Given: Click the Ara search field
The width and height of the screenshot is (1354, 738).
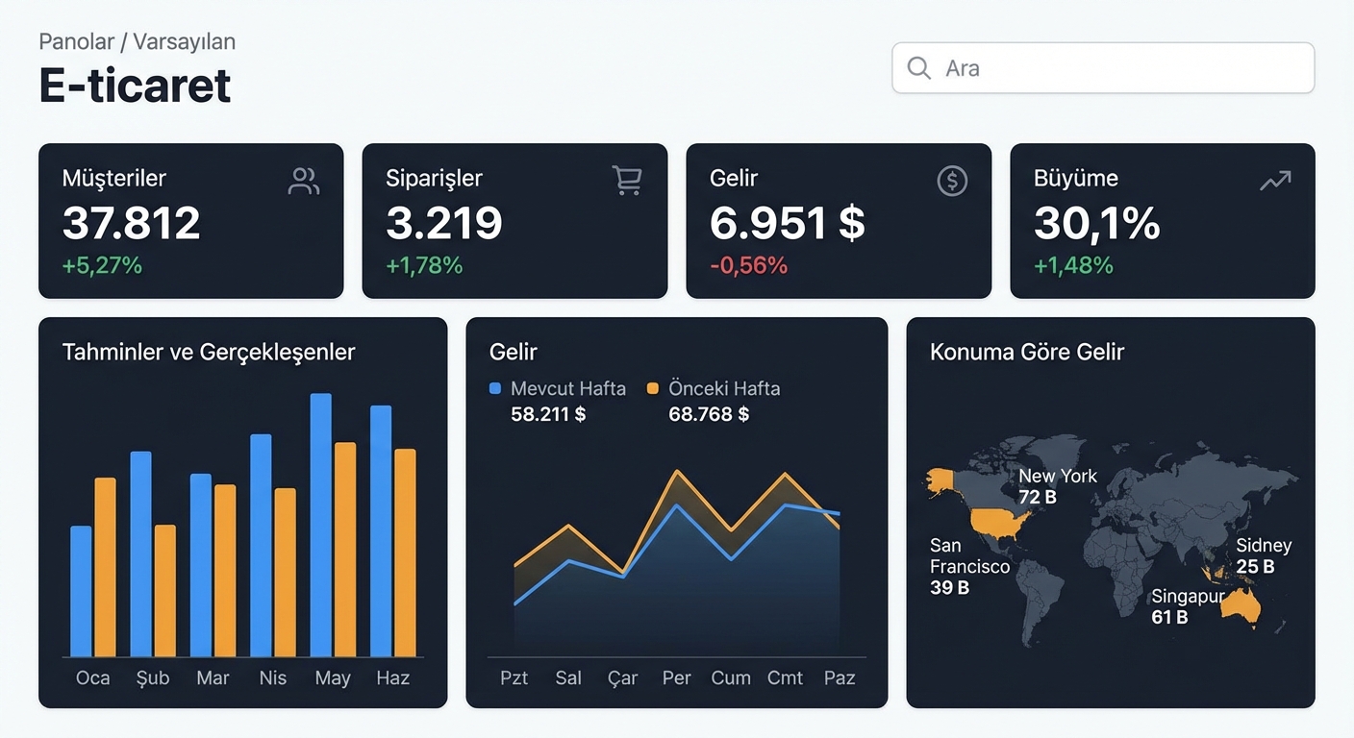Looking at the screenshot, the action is point(1103,67).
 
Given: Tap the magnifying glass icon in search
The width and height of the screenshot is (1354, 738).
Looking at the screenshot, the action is point(918,67).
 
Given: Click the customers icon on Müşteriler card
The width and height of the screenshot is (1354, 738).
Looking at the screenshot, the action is point(304,182).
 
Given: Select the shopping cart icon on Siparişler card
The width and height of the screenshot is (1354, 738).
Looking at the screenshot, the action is point(627,180).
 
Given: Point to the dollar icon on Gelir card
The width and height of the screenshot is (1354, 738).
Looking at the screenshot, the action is point(952,181).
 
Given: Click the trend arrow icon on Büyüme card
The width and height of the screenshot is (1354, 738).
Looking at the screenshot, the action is point(1275,181).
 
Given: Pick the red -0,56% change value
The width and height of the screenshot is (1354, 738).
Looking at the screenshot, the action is point(748,266).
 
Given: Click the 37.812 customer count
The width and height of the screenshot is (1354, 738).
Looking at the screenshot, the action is point(131,223).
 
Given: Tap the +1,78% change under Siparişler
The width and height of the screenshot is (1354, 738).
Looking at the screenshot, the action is point(424,266).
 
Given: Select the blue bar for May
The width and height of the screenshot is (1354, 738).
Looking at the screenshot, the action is point(321,525).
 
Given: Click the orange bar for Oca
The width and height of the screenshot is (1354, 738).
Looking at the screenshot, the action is point(105,567).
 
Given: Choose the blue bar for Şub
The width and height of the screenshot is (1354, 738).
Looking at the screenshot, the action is point(140,553).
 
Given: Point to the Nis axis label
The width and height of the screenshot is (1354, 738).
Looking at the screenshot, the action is point(272,677).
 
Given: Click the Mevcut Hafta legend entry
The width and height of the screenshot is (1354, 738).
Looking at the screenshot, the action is point(558,388).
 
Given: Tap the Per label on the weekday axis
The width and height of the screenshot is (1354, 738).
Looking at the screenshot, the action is point(676,677).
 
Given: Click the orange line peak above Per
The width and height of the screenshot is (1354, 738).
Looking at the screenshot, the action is point(677,471).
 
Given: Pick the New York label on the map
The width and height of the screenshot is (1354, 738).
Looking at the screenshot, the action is point(1057,476).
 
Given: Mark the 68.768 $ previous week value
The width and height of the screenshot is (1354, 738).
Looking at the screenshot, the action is point(709,414).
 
